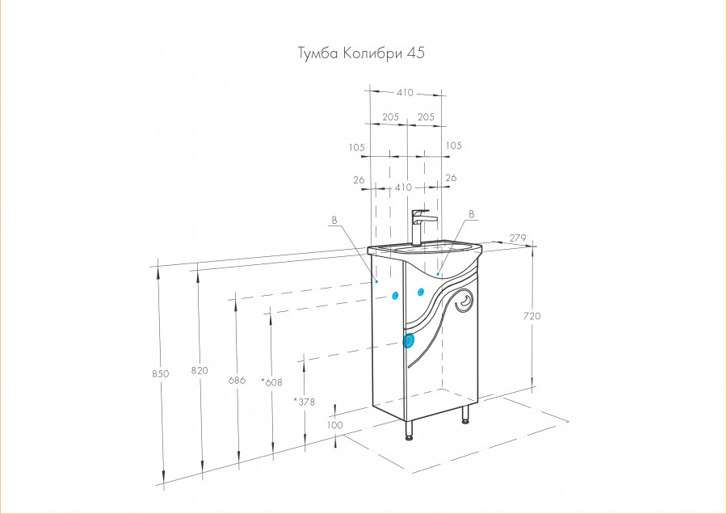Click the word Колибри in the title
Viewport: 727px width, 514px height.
click(373, 53)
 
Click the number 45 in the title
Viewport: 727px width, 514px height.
click(416, 53)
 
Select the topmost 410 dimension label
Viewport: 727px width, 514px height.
click(405, 92)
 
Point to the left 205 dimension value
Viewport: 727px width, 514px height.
click(390, 117)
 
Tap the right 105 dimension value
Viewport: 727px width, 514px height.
click(453, 145)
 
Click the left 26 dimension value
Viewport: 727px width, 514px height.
click(359, 180)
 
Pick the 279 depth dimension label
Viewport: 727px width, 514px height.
click(518, 238)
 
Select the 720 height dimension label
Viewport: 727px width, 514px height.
click(532, 316)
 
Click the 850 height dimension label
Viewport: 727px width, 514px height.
click(161, 373)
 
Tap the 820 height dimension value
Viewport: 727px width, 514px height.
click(200, 370)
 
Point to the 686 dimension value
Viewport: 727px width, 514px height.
click(237, 381)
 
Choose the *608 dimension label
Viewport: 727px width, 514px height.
click(271, 382)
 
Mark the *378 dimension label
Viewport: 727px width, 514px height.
click(305, 402)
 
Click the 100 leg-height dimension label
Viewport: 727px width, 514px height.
click(334, 425)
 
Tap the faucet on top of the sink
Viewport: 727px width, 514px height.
click(419, 227)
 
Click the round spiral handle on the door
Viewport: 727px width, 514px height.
click(464, 301)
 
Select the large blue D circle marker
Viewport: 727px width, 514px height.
click(409, 341)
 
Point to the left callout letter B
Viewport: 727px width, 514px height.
click(334, 221)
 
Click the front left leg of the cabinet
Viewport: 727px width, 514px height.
click(409, 430)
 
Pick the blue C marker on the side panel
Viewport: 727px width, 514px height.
click(395, 295)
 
